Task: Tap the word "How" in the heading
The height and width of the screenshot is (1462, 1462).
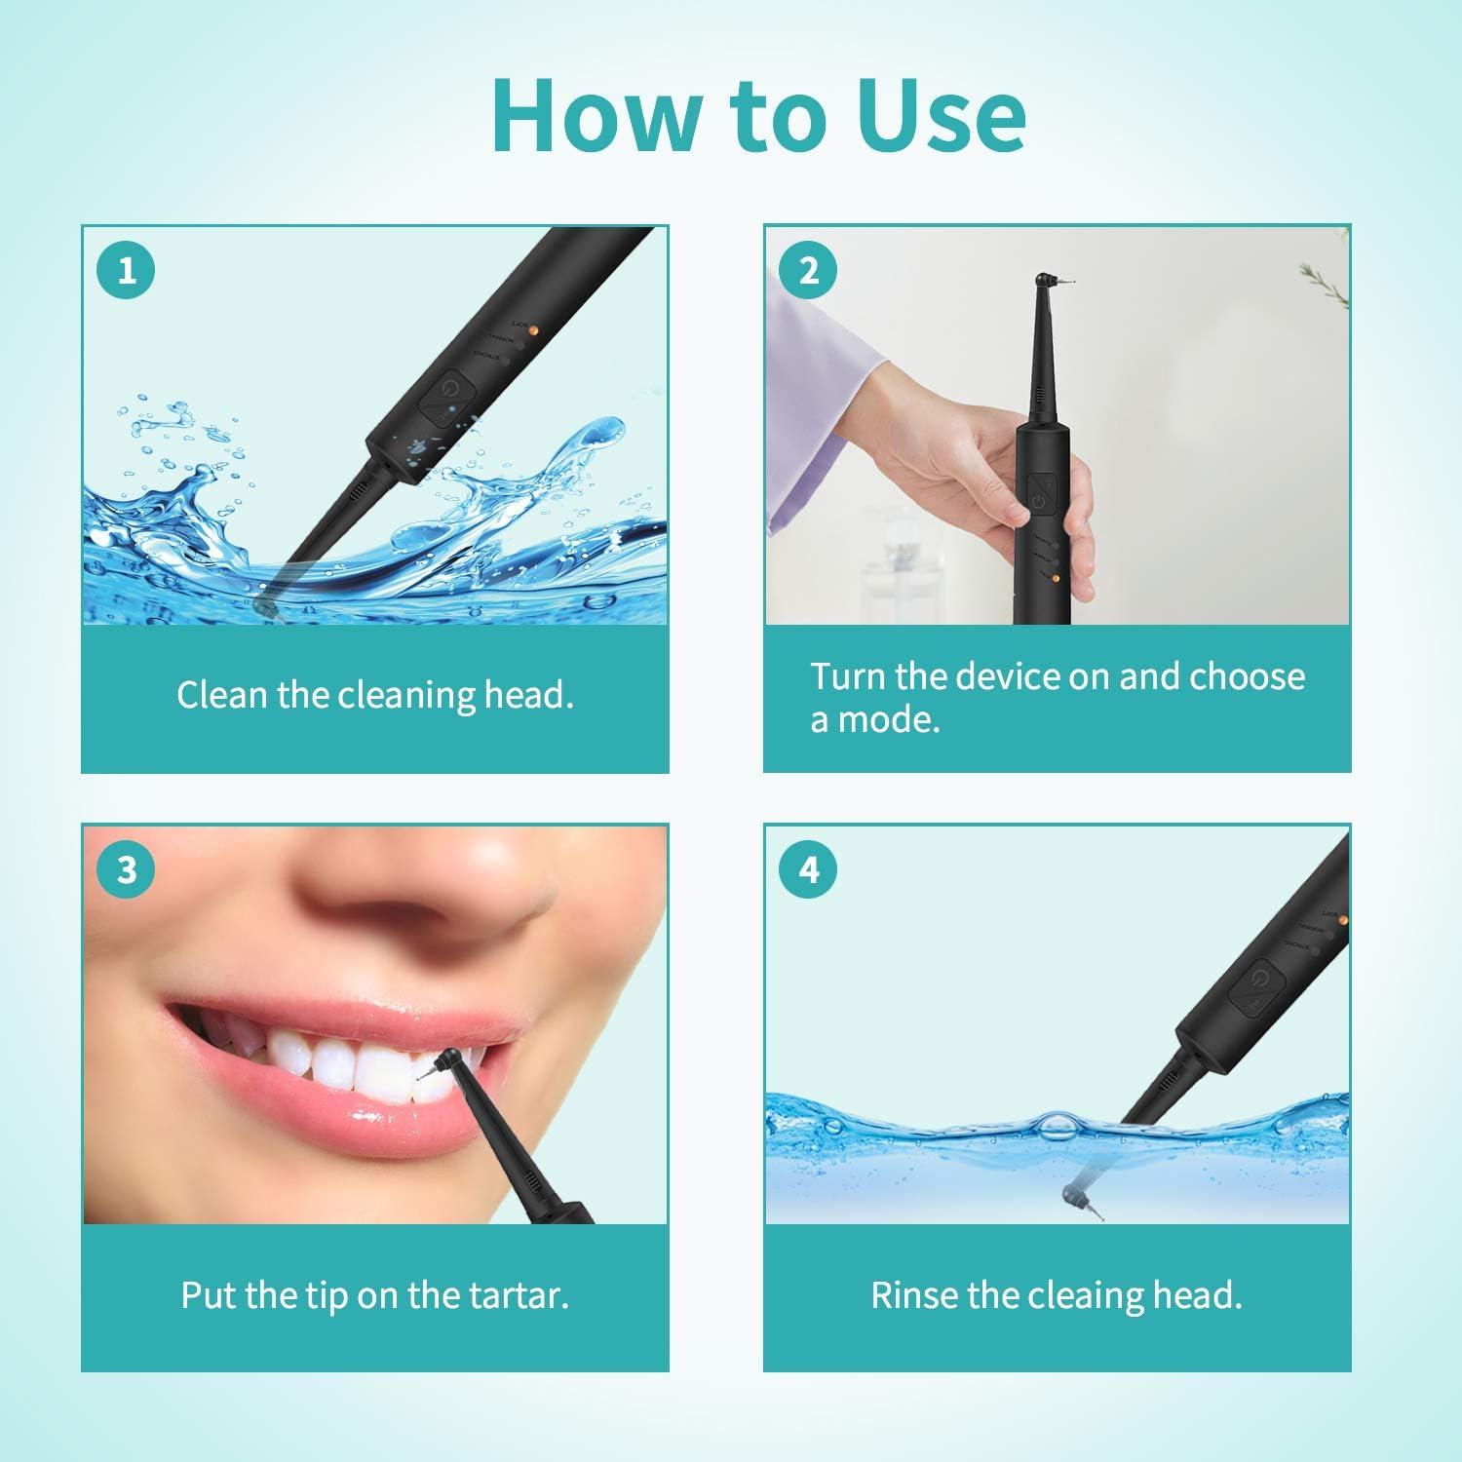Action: [x=595, y=116]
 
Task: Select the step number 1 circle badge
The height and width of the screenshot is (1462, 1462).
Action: [x=127, y=270]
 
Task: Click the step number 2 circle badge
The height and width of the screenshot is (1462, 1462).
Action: [x=809, y=270]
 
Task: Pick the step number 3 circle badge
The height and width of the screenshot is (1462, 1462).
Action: [x=127, y=869]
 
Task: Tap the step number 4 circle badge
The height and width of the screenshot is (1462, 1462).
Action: [x=809, y=869]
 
